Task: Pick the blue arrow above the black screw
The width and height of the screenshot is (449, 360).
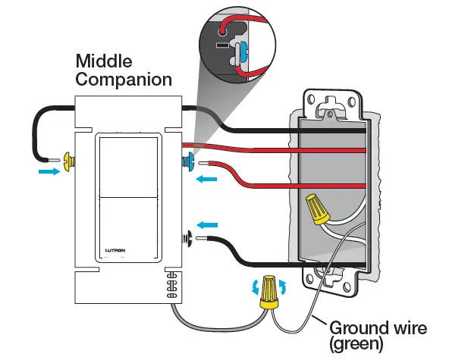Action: (x=207, y=224)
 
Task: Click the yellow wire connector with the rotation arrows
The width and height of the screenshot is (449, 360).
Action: (x=268, y=290)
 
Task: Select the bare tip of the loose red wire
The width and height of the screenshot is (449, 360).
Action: (x=205, y=161)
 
